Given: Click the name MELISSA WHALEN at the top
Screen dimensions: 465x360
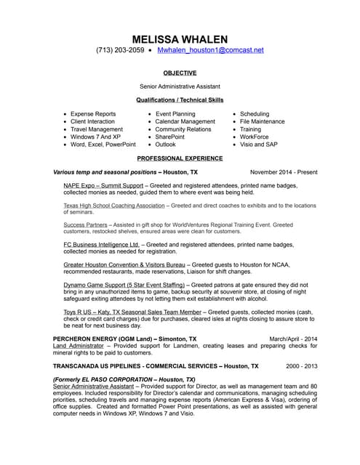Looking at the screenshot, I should (180, 38).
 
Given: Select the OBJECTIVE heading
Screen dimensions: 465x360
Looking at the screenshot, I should (180, 73).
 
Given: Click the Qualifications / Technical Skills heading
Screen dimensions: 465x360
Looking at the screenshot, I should (180, 100).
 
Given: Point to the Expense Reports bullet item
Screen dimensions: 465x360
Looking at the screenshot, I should (93, 114).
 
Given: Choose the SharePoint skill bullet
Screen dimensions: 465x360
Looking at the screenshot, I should (170, 137).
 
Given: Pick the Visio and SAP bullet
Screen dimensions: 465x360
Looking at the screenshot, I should (259, 145).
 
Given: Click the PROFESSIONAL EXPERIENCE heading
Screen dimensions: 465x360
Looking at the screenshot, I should (180, 158).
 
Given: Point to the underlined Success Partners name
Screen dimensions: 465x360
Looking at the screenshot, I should (86, 225).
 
